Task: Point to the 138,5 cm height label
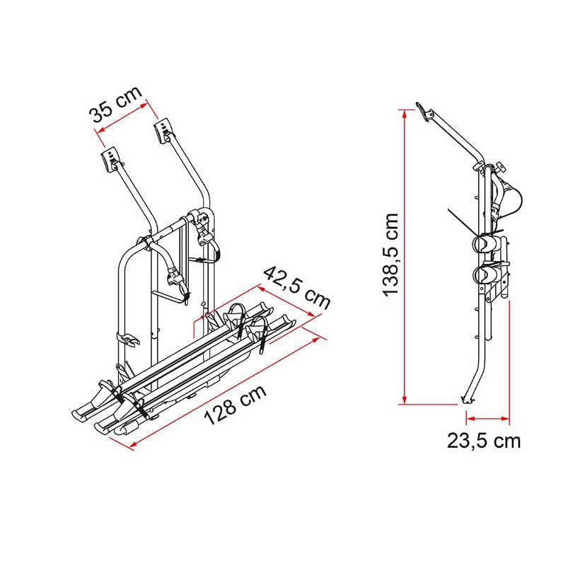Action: [x=391, y=255]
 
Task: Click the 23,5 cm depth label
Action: [x=484, y=441]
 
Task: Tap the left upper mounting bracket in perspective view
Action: [x=110, y=159]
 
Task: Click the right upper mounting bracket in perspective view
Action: [x=163, y=130]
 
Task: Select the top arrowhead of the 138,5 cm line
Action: [x=405, y=114]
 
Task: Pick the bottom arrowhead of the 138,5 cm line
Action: [x=405, y=399]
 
